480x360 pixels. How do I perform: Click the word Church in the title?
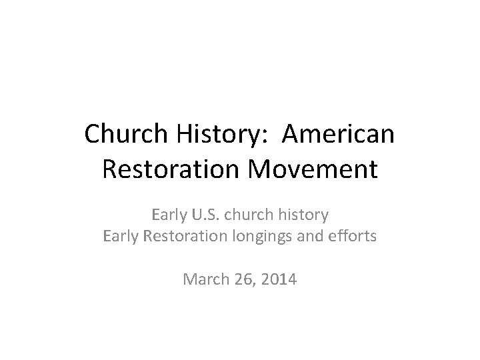127,135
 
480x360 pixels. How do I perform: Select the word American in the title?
338,135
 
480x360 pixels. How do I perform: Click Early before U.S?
168,216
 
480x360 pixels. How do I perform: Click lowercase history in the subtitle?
304,216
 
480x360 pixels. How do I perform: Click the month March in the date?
203,280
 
